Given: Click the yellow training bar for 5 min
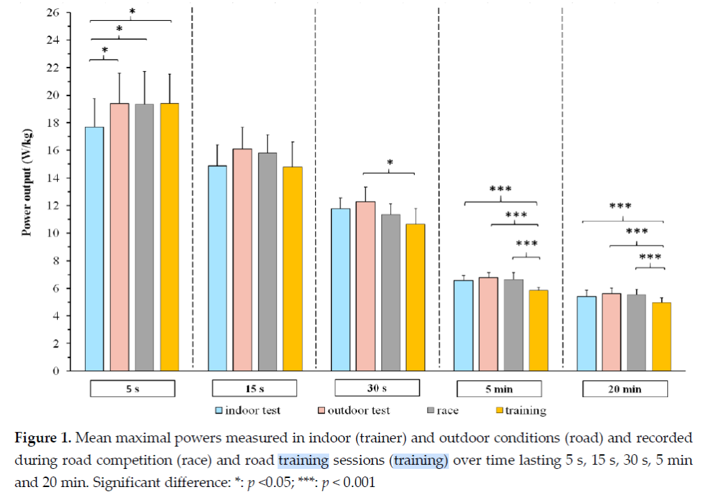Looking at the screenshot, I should [538, 331].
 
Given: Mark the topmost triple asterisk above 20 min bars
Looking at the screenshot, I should [621, 207].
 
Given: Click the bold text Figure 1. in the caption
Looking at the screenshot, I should [45, 438].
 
